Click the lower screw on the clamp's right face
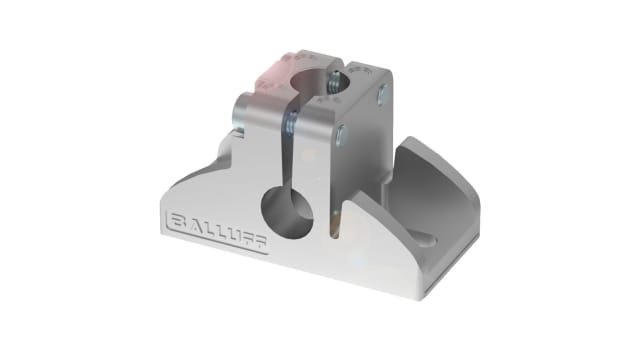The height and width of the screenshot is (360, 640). click(344, 136)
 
